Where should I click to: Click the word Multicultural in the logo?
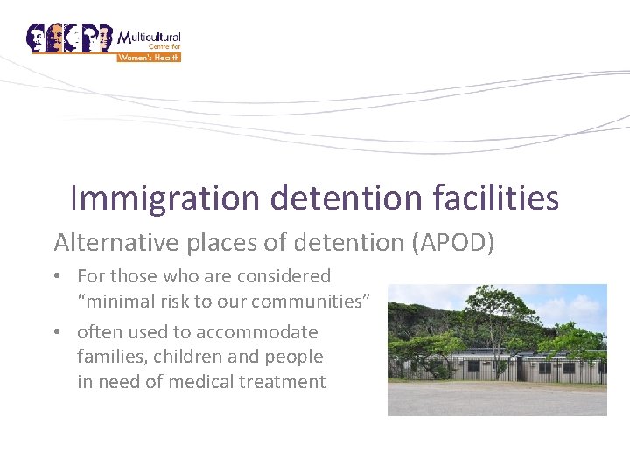pos(150,38)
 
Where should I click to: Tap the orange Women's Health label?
pos(150,58)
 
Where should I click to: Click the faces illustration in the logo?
pos(70,38)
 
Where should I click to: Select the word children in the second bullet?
pos(185,357)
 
